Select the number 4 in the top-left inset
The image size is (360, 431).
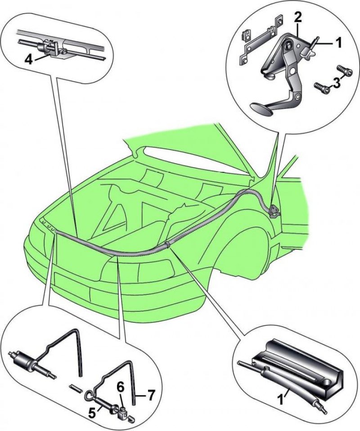[29, 60]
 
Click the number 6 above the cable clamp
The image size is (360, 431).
[121, 389]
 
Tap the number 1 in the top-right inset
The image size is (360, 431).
[337, 43]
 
